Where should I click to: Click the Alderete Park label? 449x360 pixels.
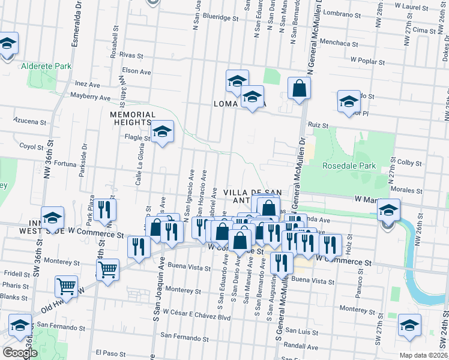click(x=46, y=66)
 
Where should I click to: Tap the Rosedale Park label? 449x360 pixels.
click(x=349, y=166)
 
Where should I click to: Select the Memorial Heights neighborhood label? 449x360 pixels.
click(x=133, y=118)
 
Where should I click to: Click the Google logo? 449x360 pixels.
click(x=20, y=353)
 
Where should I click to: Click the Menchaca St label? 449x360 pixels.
click(x=357, y=44)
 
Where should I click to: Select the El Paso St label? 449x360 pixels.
click(x=109, y=353)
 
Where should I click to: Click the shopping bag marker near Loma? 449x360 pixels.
click(x=299, y=89)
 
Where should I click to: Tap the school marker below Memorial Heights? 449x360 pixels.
click(x=161, y=133)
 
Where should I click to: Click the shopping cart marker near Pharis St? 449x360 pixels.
click(x=66, y=286)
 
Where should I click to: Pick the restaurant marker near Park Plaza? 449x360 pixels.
click(x=105, y=211)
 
